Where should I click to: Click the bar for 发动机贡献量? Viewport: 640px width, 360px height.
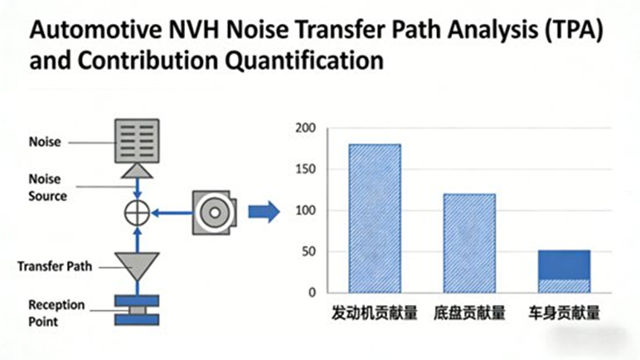pyautogui.click(x=375, y=218)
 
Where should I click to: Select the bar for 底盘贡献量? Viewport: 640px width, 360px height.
pyautogui.click(x=469, y=243)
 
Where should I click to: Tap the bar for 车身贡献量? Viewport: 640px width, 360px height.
pyautogui.click(x=564, y=271)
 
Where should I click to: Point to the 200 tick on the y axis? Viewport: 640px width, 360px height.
pyautogui.click(x=306, y=128)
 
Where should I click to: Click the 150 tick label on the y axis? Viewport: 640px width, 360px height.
pyautogui.click(x=306, y=169)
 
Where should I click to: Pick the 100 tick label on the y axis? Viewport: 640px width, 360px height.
pyautogui.click(x=306, y=210)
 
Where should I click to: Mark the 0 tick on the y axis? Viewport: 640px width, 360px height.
pyautogui.click(x=312, y=292)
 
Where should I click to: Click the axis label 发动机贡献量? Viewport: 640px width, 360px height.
pyautogui.click(x=375, y=313)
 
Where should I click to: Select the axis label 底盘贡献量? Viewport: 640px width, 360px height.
pyautogui.click(x=469, y=313)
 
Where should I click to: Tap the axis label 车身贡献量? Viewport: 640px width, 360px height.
pyautogui.click(x=564, y=313)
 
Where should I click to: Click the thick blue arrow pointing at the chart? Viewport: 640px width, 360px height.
pyautogui.click(x=264, y=212)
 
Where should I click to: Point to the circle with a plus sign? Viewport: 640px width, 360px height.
pyautogui.click(x=137, y=213)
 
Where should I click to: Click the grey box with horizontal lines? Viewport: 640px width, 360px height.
pyautogui.click(x=137, y=141)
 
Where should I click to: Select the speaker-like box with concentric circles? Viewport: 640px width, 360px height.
pyautogui.click(x=214, y=213)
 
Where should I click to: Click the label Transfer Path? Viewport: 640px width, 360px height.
pyautogui.click(x=55, y=266)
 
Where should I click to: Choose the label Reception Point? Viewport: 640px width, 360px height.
pyautogui.click(x=56, y=313)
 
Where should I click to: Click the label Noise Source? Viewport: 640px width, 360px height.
pyautogui.click(x=48, y=187)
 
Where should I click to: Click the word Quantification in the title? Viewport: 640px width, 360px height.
pyautogui.click(x=304, y=60)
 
